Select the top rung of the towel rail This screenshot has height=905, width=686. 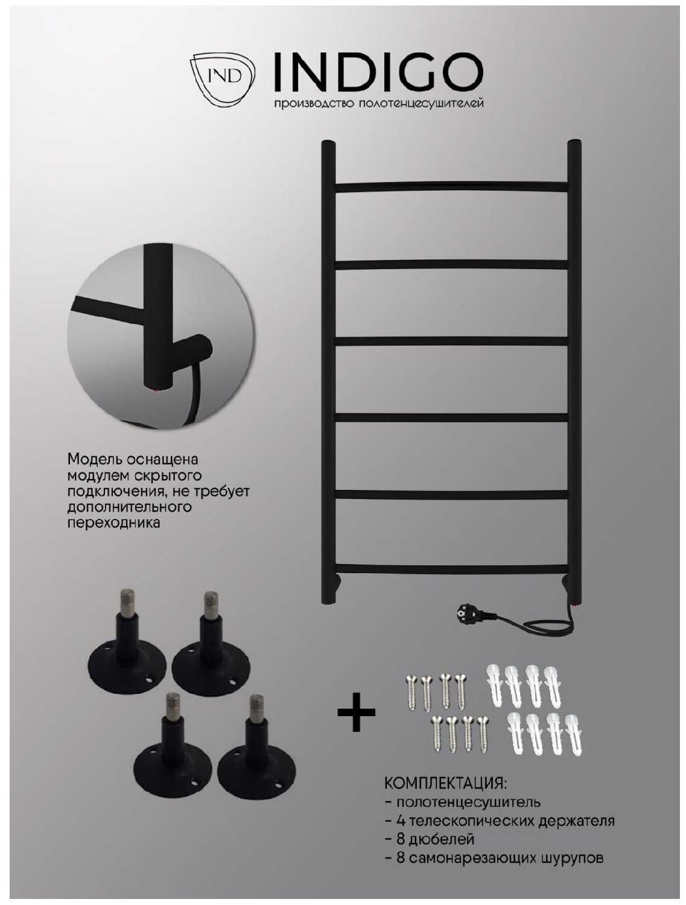451,186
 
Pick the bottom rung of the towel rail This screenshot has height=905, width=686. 451,569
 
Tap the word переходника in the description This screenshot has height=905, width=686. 114,523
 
